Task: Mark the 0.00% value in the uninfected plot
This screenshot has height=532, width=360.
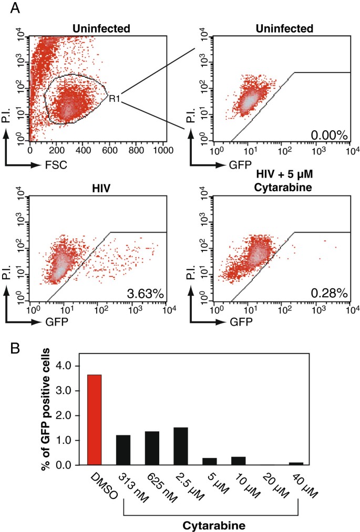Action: pyautogui.click(x=329, y=135)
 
